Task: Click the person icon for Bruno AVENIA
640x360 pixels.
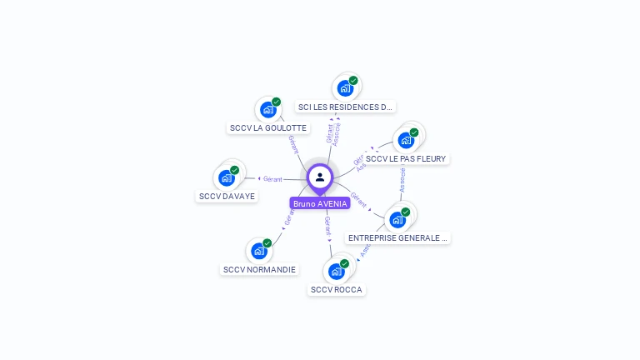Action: point(320,177)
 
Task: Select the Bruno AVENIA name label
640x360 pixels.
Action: point(320,203)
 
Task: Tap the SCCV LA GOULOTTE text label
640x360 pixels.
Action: point(267,128)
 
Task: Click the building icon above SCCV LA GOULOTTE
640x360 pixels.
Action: point(267,109)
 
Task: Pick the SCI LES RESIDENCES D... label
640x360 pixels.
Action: point(345,107)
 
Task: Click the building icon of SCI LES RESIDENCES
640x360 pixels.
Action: point(344,87)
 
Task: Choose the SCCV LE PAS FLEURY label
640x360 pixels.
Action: point(406,158)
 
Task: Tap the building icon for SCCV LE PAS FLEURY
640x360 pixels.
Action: point(406,139)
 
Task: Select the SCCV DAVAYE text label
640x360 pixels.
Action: point(227,196)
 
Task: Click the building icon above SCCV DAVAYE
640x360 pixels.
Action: point(226,177)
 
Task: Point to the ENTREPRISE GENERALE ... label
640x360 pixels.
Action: point(398,237)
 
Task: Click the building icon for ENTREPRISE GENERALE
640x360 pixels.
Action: point(397,219)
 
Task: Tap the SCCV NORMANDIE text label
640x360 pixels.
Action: point(259,269)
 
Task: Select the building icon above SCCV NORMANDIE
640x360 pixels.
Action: point(258,250)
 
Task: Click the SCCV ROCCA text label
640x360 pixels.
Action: point(336,289)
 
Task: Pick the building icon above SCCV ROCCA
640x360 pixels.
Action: point(336,271)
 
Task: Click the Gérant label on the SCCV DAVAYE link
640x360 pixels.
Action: point(272,179)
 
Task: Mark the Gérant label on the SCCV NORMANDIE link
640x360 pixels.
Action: point(289,218)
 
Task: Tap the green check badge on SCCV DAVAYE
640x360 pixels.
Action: point(235,170)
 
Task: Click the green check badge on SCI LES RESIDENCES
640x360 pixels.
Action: point(353,81)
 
